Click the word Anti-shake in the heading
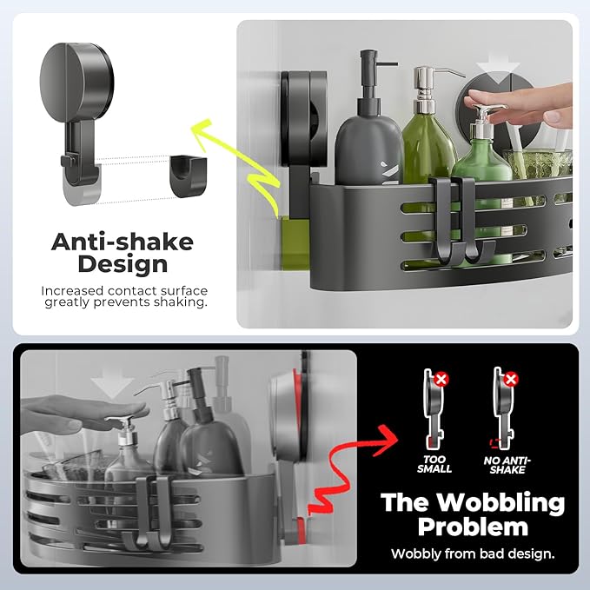tap(123, 242)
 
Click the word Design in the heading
tap(123, 264)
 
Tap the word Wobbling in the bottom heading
tap(501, 503)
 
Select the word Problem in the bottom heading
tap(473, 527)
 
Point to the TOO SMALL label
tap(434, 464)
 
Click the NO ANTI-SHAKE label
tap(507, 465)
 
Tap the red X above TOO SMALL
tap(441, 379)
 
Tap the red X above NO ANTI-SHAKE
tap(511, 379)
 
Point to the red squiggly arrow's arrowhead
tap(386, 441)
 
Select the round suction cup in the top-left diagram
tap(76, 83)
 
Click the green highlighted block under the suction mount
tap(295, 242)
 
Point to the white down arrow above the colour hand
tap(497, 70)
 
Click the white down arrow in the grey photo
tap(112, 383)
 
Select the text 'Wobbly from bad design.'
tap(473, 554)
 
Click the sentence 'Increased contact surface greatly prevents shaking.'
tap(124, 296)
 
